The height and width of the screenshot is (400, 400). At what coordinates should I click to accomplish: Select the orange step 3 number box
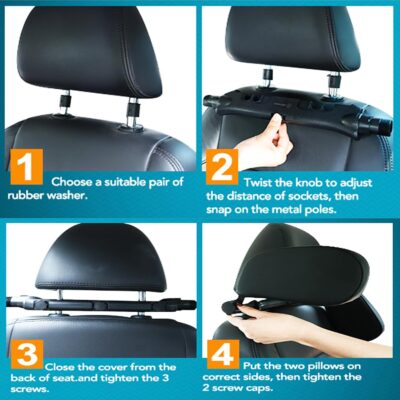(27, 358)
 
